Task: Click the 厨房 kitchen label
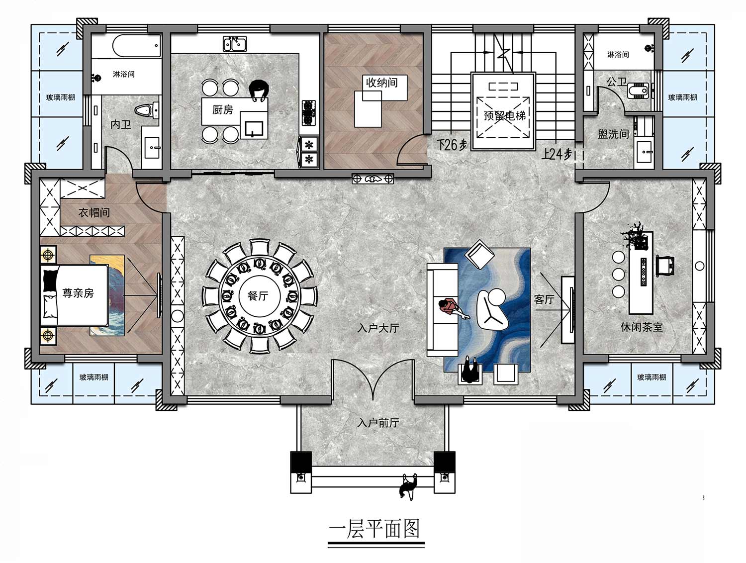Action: pos(223,109)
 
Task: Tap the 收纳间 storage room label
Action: pos(381,83)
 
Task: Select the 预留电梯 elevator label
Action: pos(504,116)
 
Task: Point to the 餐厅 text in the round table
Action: pos(258,295)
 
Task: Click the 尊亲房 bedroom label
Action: pos(78,293)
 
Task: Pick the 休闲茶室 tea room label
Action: pos(642,327)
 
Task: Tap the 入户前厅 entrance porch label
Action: pos(378,423)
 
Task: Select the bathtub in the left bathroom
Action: pos(136,46)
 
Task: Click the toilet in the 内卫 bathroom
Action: pos(147,110)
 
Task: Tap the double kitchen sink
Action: pos(235,44)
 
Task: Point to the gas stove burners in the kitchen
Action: pos(309,112)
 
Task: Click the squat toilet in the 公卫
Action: pos(638,91)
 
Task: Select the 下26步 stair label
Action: pos(452,145)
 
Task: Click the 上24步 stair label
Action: pos(557,155)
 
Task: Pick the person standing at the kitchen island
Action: pos(259,91)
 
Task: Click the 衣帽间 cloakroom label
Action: pos(94,213)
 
